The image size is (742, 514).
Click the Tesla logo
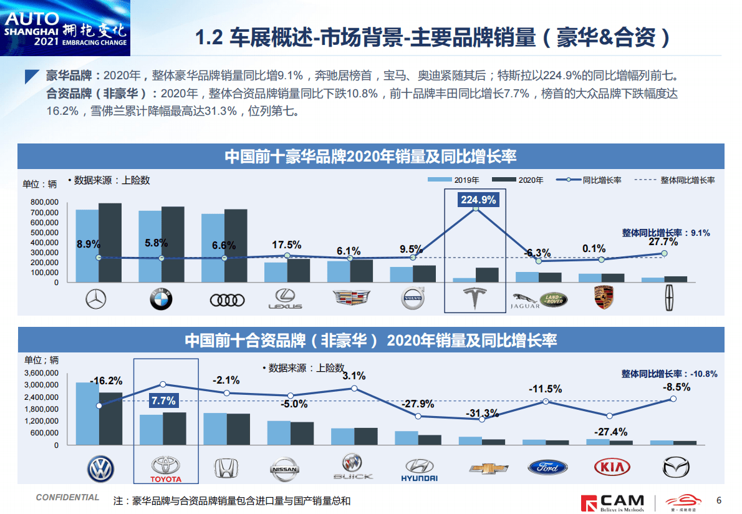point(475,299)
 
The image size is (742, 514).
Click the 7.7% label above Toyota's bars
point(162,400)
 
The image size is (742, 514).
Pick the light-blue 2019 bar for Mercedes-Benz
point(87,246)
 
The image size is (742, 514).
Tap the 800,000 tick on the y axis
point(43,203)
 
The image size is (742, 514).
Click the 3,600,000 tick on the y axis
point(41,373)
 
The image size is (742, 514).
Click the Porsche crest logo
point(602,299)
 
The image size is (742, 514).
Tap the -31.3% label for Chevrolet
point(482,413)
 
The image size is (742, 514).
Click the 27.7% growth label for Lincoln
point(662,241)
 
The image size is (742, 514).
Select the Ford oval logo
point(547,467)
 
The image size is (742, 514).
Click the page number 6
point(719,500)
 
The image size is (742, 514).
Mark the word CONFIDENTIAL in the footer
point(67,497)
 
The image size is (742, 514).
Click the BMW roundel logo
point(161,300)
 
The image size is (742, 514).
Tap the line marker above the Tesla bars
point(476,209)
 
